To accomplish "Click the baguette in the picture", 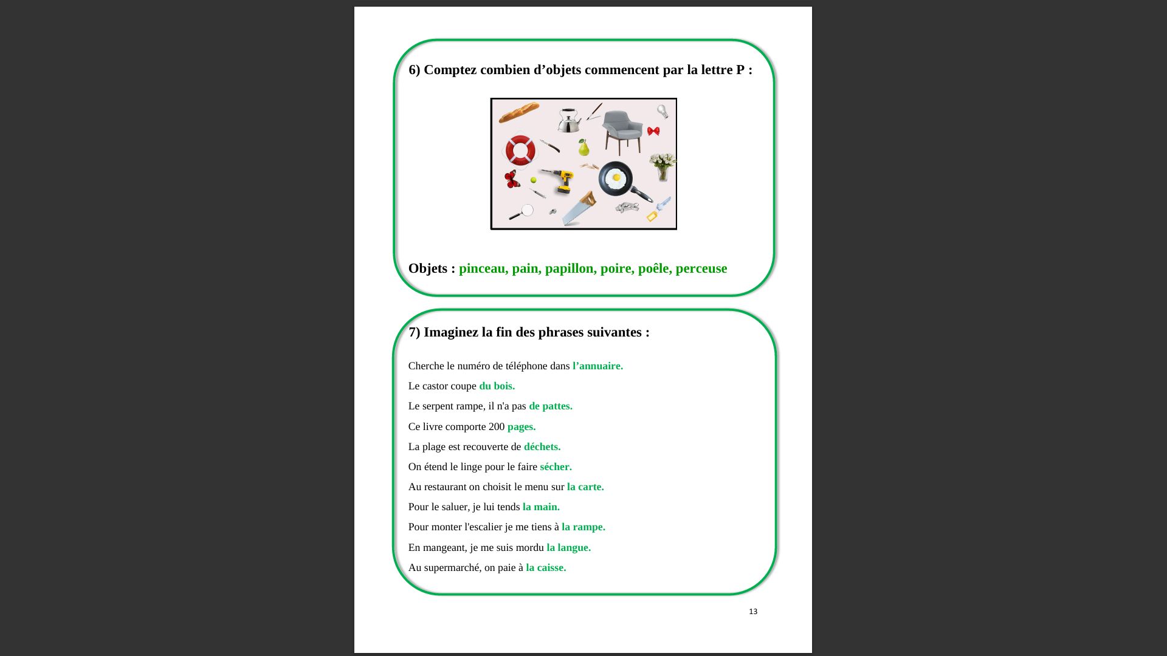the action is pos(519,112).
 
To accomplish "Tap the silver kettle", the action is pos(569,120).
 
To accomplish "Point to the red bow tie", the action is pos(653,131).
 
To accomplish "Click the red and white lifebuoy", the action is pos(520,150).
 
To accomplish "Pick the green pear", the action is pos(583,147).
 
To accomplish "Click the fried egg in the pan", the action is pos(616,177).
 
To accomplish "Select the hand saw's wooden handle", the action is pos(588,199).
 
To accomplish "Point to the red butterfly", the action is pos(512,179).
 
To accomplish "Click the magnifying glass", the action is pos(522,212).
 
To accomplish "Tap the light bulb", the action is pos(663,111).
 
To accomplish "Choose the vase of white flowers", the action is pos(663,167).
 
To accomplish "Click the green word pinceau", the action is pos(483,268).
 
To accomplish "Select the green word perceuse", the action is pos(701,268).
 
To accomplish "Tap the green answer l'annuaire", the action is pos(597,366).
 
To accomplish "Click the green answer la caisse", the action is pos(546,567).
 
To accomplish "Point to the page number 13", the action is pos(753,612).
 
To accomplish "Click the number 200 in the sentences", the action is pos(497,426).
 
